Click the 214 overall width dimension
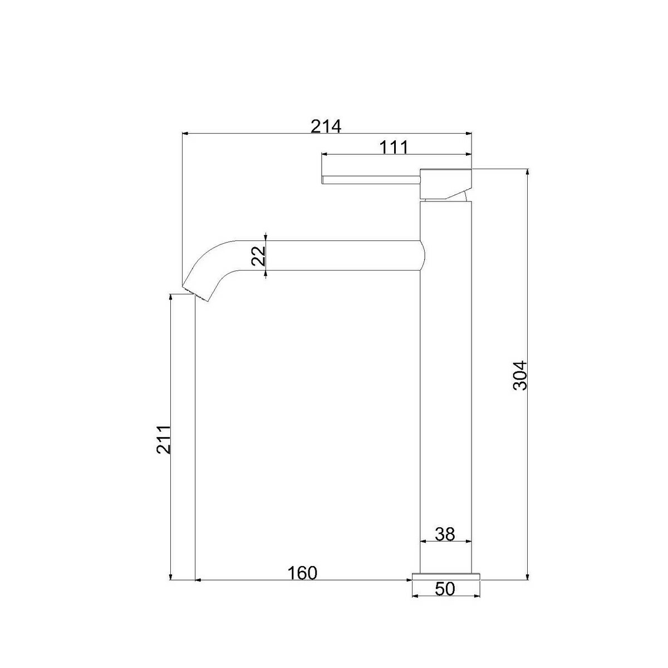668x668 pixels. [x=326, y=126]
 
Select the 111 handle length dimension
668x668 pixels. [x=394, y=148]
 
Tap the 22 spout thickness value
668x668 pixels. [x=259, y=256]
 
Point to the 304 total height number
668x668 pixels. [x=519, y=376]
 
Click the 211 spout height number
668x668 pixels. [x=164, y=440]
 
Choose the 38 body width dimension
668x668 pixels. [x=445, y=534]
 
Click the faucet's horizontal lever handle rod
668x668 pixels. [x=371, y=180]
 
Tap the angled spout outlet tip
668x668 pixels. [x=195, y=293]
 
